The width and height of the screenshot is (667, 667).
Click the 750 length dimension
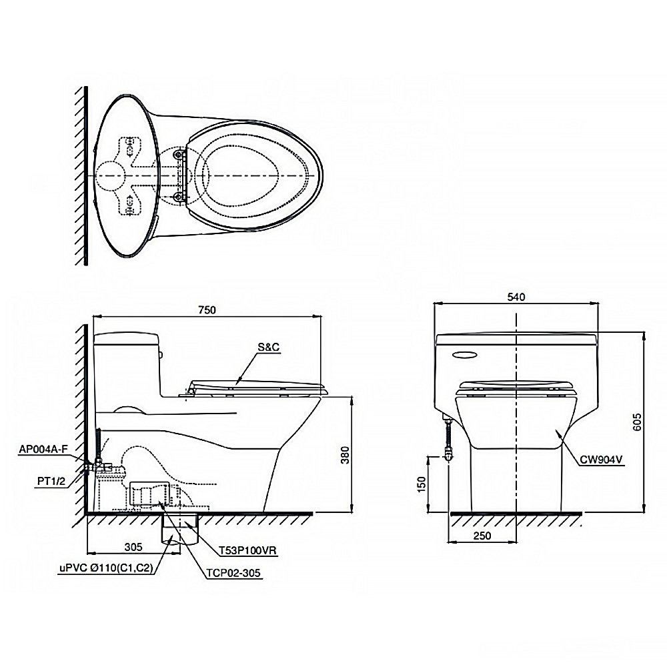207,309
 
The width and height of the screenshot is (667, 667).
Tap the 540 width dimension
516,297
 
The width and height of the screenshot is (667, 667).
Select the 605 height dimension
637,422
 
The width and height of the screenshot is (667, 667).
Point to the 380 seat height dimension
345,455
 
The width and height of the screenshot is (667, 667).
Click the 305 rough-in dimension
133,547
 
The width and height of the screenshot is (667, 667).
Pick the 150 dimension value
421,484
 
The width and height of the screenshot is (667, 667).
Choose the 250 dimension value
482,536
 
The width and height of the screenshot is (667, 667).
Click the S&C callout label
268,347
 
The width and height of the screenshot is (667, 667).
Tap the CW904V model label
602,460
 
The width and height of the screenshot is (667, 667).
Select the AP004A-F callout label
43,449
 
